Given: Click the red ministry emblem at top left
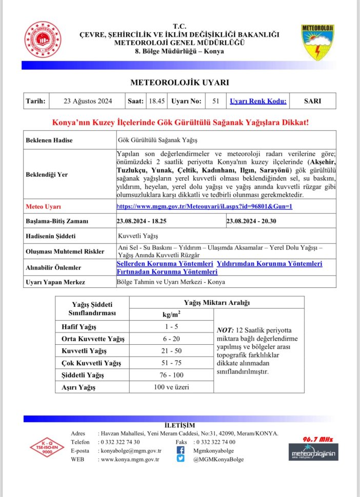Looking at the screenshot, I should pos(44,39).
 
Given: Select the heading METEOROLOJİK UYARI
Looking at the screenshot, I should pos(179,82).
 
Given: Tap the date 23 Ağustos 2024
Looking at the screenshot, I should pos(88,101).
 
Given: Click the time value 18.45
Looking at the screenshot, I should pos(156,101).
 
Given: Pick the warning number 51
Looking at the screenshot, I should pos(215,101).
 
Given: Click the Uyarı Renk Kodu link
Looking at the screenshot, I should pos(258,101).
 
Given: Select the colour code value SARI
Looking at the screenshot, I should pos(312,101).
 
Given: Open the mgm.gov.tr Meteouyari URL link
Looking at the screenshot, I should pos(205,206).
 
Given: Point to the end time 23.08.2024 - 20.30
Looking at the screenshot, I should pos(251,221).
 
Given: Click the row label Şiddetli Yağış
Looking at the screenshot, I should pos(79,376).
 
